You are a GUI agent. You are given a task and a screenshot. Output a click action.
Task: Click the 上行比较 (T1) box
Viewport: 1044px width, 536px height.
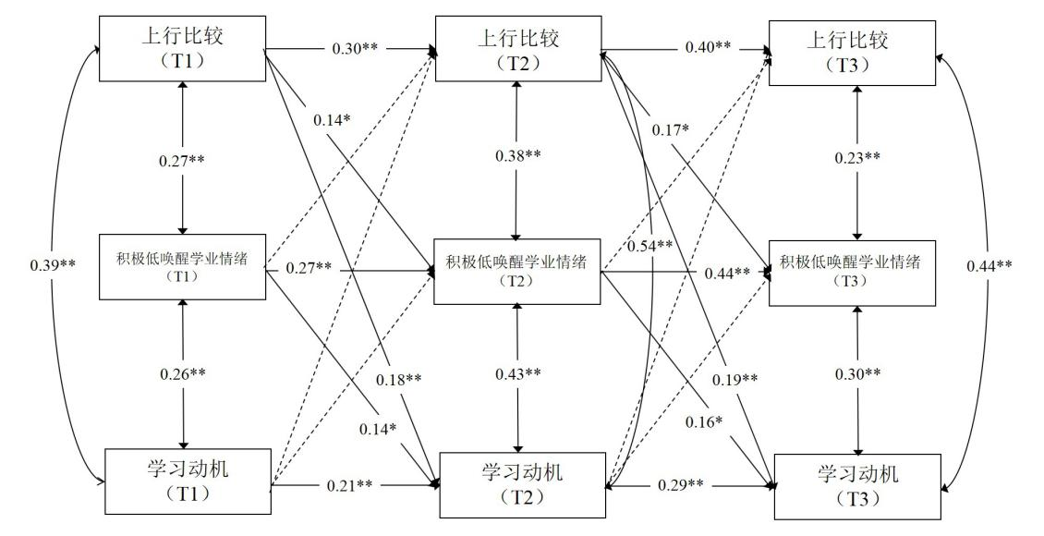[182, 48]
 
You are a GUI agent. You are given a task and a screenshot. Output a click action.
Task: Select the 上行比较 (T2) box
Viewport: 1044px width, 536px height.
[517, 48]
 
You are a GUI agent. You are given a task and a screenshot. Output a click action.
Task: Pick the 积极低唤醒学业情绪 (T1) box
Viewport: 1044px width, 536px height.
[182, 267]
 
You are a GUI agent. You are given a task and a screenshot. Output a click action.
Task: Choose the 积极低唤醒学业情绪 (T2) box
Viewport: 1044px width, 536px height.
[517, 271]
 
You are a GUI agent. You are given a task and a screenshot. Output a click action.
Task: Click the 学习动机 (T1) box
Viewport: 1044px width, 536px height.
[188, 479]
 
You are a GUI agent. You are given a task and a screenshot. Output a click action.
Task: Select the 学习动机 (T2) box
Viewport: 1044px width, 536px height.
[522, 483]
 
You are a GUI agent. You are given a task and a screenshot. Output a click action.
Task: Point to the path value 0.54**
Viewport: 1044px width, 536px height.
[649, 246]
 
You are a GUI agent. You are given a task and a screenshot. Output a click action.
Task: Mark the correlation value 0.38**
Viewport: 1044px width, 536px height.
[518, 155]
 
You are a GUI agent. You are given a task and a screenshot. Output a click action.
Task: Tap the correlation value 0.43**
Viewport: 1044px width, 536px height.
[518, 372]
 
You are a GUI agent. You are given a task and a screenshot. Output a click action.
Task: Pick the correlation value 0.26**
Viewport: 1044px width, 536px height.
[183, 373]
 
